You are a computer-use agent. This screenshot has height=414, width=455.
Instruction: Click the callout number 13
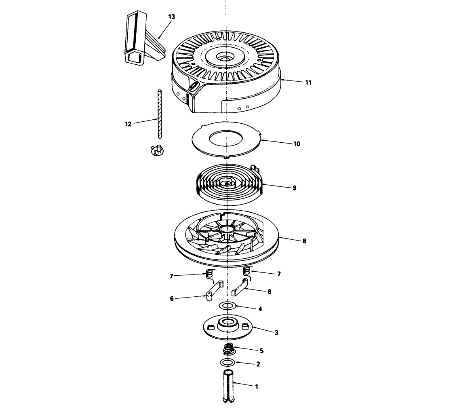[171, 17]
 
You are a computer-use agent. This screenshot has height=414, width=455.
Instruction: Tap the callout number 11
[308, 83]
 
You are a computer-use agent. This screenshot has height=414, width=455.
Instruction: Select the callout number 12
[128, 124]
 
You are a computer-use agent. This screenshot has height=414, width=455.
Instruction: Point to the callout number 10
[297, 144]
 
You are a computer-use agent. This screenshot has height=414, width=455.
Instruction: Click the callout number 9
[295, 188]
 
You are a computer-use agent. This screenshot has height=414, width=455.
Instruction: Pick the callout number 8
[304, 241]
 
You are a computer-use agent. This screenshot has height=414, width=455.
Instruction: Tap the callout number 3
[276, 333]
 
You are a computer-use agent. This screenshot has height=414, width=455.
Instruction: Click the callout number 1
[257, 387]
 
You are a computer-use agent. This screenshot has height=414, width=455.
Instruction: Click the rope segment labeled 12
[159, 114]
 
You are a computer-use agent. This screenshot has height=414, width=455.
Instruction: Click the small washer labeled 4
[228, 306]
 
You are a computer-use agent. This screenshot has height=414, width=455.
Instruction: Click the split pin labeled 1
[229, 386]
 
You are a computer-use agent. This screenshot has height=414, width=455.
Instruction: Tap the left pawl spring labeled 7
[210, 274]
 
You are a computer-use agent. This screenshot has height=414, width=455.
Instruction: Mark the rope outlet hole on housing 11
[194, 86]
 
